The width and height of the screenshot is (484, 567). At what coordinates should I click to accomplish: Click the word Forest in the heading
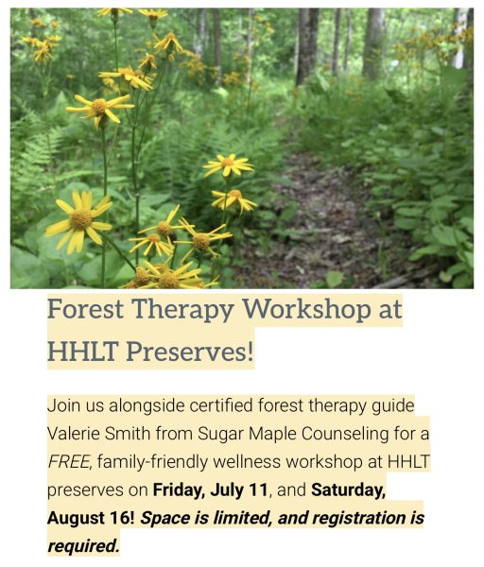pos(85,309)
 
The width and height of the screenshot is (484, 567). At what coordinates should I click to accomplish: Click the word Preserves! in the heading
pos(190,352)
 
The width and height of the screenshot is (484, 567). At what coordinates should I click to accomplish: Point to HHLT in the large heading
pos(83,352)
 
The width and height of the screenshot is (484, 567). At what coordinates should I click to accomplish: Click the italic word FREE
pos(69,461)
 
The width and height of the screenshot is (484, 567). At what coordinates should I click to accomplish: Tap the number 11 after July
pos(259,490)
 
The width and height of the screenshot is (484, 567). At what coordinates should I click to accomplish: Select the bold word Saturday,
pos(349,490)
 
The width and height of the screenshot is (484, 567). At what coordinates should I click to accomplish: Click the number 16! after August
pos(122,518)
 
